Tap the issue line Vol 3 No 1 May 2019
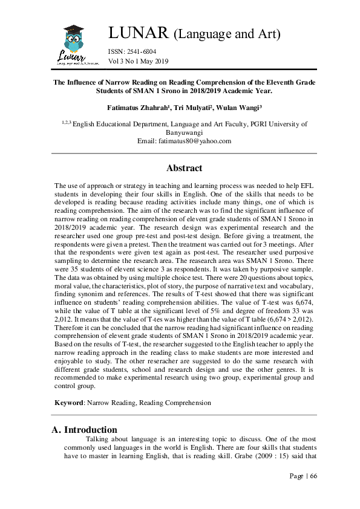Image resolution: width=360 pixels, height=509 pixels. tap(139, 61)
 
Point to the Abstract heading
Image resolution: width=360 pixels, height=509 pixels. tap(184, 168)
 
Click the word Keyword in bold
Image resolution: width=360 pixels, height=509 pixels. tap(68, 401)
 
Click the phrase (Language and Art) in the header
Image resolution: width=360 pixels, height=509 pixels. tap(227, 34)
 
